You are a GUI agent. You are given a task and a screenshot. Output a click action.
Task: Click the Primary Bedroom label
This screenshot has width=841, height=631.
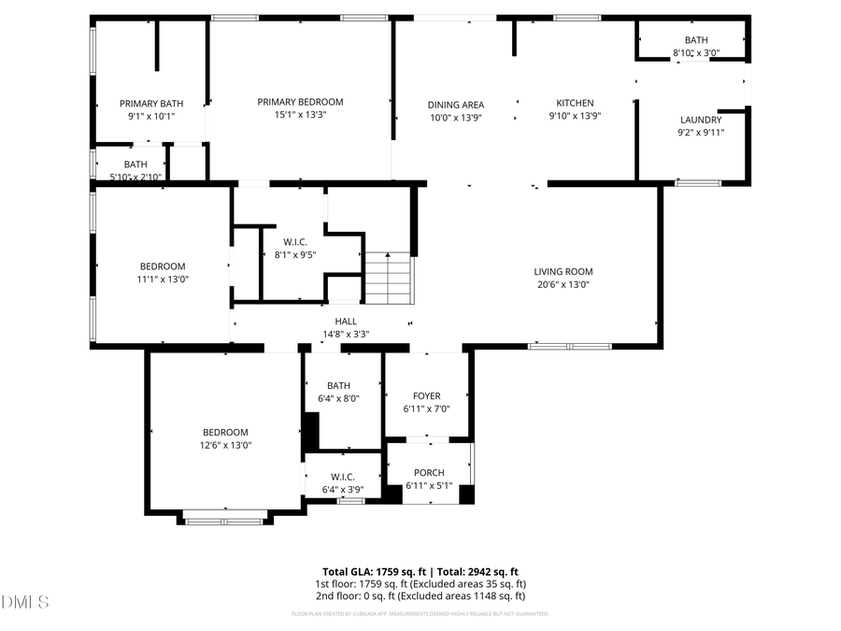tap(300, 102)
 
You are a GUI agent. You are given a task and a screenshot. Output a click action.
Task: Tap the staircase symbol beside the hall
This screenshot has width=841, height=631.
tap(388, 278)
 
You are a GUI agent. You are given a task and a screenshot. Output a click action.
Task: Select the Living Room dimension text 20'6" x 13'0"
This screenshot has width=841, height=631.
tap(563, 284)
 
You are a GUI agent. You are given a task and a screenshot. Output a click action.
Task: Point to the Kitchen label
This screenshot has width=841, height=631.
tap(575, 103)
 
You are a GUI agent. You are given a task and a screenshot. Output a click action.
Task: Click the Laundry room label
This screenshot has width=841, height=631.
tap(700, 120)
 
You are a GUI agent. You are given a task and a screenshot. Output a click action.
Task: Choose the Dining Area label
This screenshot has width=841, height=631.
tap(455, 105)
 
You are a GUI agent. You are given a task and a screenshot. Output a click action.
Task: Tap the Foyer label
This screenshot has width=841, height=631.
tap(426, 396)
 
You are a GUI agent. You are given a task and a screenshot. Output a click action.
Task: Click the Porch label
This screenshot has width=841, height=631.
tap(429, 473)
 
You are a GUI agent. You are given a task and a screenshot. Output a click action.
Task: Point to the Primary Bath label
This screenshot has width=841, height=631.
tap(151, 103)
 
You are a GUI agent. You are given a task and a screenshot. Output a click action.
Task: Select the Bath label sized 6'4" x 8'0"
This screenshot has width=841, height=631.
tap(338, 385)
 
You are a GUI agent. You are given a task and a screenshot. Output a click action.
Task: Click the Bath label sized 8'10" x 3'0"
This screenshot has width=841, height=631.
tap(696, 40)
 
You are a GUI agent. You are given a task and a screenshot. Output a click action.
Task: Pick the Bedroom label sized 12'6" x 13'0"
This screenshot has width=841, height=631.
tap(225, 432)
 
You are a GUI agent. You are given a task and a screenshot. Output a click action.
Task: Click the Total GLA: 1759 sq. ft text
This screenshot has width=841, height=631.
tap(375, 571)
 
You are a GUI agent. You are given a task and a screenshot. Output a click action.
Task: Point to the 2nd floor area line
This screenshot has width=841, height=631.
tap(420, 595)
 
